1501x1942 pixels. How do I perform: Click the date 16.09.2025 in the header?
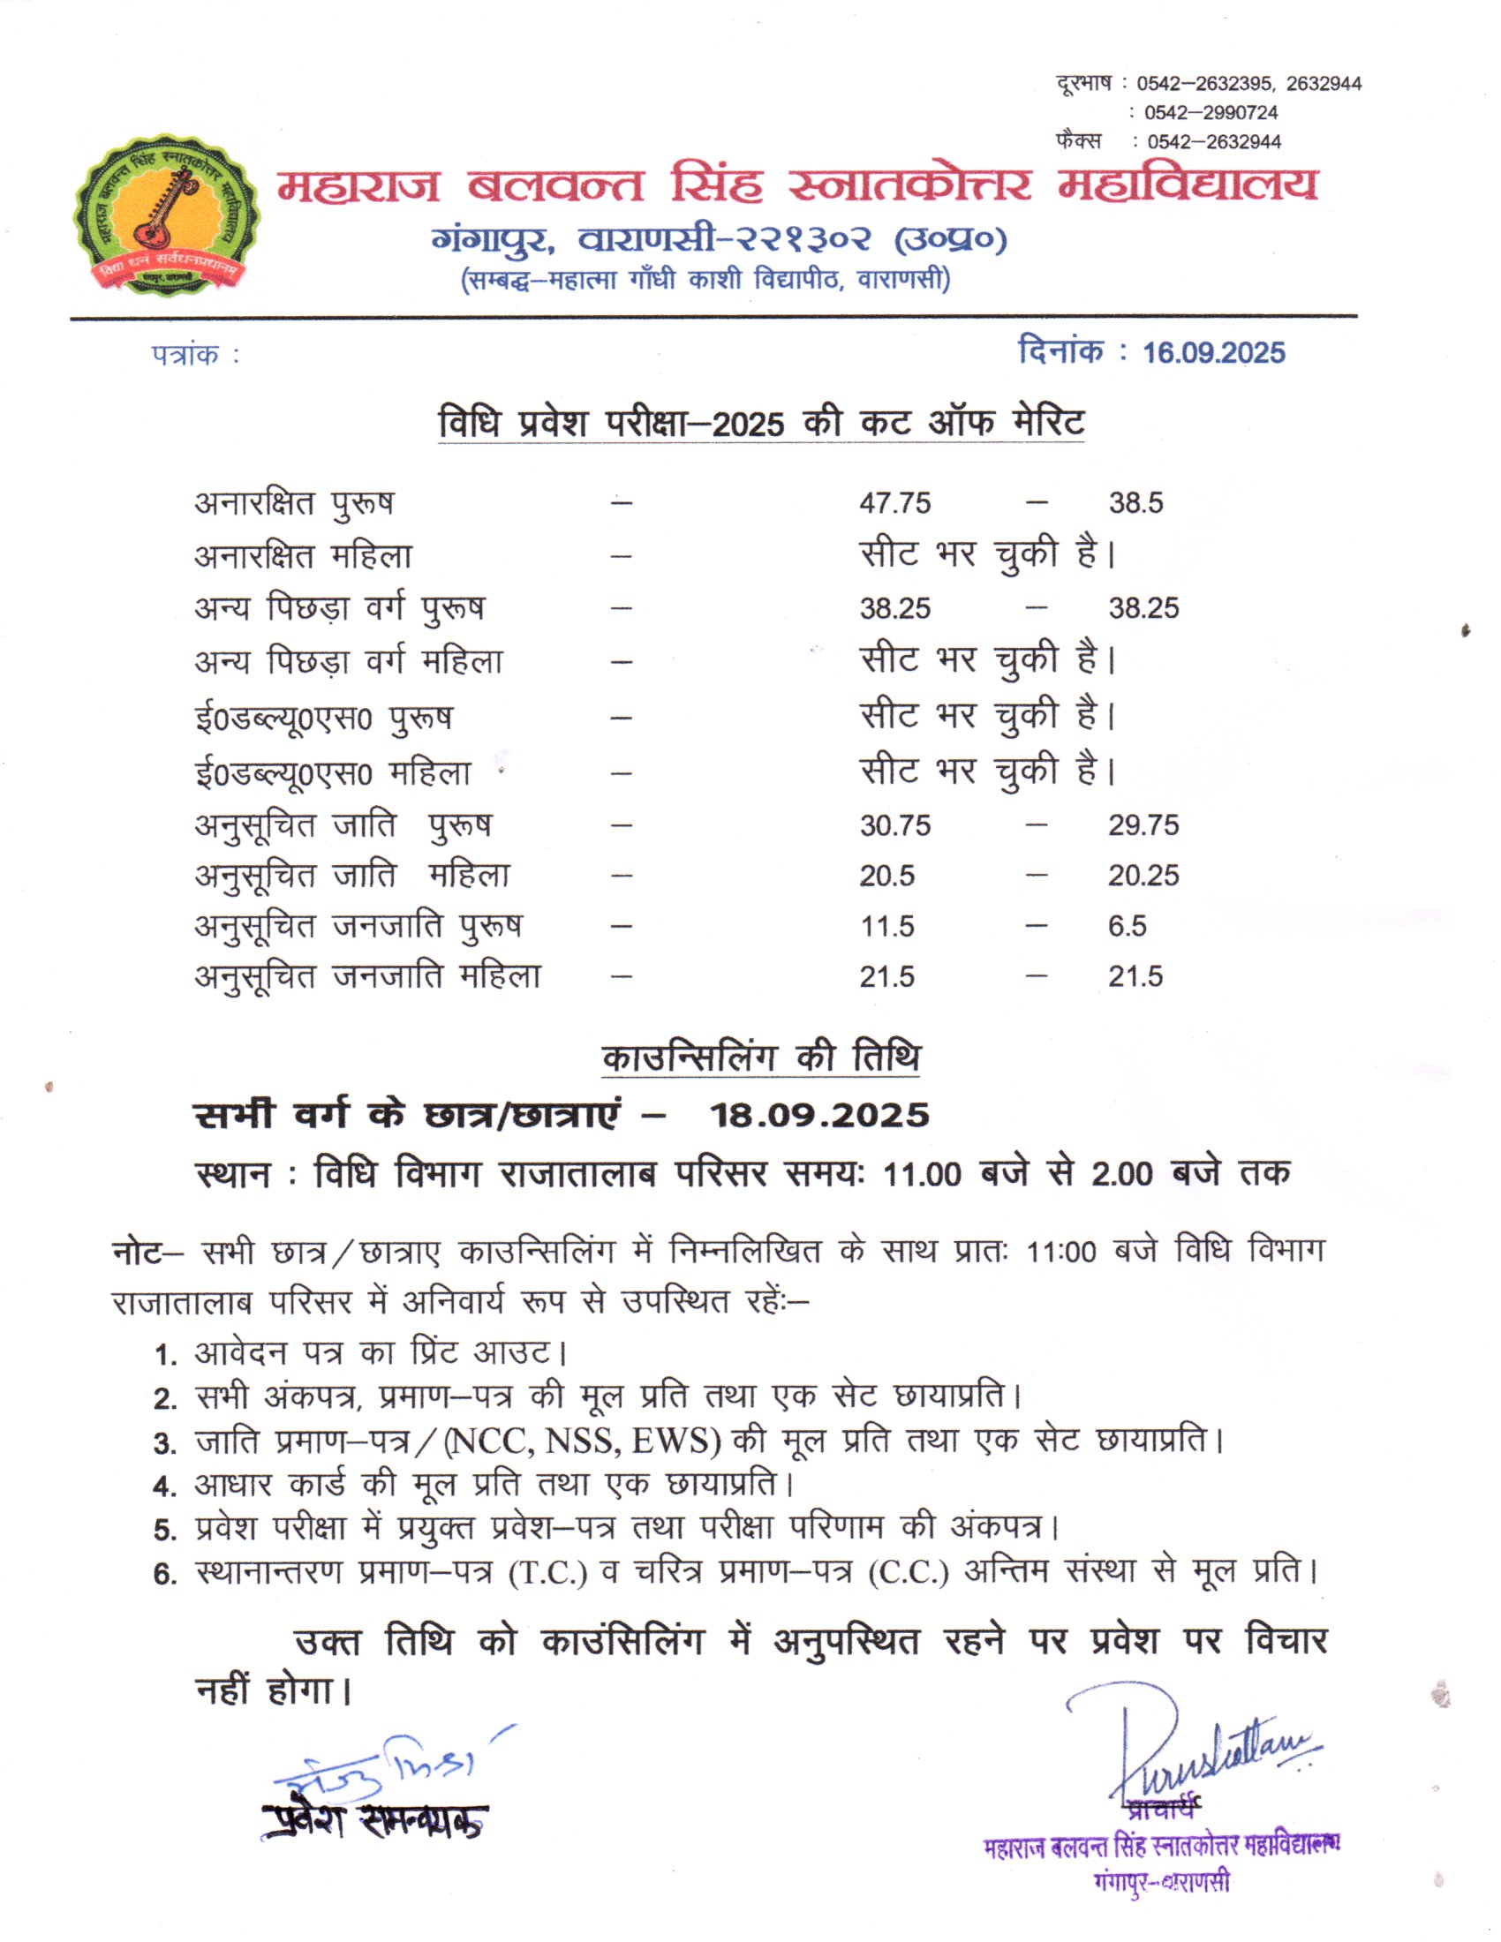(x=1213, y=353)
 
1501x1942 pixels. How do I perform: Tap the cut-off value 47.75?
(x=894, y=503)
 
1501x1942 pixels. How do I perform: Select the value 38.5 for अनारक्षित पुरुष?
(x=1135, y=503)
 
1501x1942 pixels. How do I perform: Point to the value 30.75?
(x=894, y=825)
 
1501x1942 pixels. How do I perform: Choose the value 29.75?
(x=1143, y=825)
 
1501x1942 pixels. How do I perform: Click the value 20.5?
(x=886, y=876)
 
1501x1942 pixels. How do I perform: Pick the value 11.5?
(x=886, y=927)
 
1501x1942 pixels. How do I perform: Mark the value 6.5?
(x=1127, y=927)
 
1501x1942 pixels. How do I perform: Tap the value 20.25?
(x=1143, y=876)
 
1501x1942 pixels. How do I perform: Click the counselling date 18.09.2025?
(x=818, y=1115)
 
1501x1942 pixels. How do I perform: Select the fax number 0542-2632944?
(x=1214, y=142)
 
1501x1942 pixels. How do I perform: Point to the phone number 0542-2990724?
(x=1211, y=113)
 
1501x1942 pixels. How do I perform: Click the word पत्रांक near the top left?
(x=185, y=355)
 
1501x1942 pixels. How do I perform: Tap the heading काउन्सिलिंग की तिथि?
(x=760, y=1058)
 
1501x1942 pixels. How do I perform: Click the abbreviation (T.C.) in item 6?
(x=547, y=1573)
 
